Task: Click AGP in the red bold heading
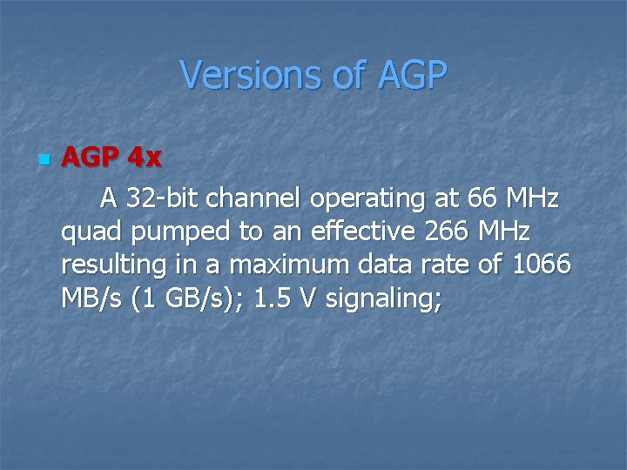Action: (91, 158)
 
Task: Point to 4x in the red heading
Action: (144, 158)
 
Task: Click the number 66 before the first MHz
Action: (479, 199)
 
